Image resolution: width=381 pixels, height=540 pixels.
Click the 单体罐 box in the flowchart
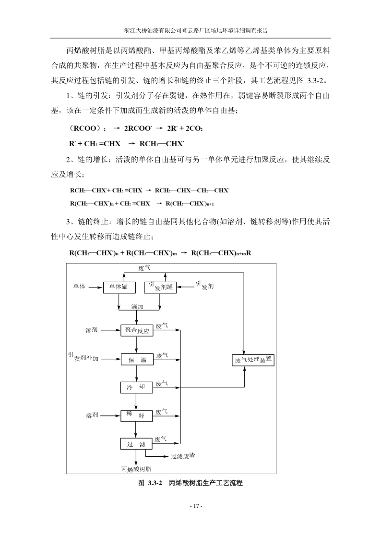point(117,287)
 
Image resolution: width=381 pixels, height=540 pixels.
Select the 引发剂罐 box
point(160,287)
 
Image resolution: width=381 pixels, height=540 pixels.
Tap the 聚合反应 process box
point(137,330)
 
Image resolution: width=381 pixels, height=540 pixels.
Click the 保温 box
point(137,359)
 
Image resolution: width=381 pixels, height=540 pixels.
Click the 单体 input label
point(79,287)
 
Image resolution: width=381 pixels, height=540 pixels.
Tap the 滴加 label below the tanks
point(138,306)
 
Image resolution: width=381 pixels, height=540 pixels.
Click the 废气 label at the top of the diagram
point(144,268)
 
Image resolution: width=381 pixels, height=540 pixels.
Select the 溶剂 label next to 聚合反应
point(91,330)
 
